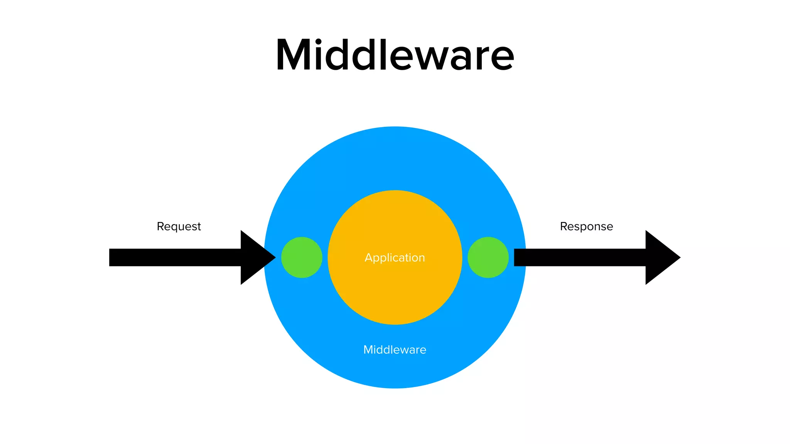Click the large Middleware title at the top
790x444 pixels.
tap(395, 55)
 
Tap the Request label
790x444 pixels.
tap(179, 226)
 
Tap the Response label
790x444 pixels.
tap(586, 226)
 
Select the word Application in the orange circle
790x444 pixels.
tap(395, 257)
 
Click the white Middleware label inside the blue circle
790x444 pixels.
tap(395, 350)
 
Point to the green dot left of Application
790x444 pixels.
tap(302, 257)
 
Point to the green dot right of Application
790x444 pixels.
tap(488, 257)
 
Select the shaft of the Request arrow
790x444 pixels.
tap(174, 257)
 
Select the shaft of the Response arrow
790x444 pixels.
tap(579, 257)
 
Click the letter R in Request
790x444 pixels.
tap(160, 226)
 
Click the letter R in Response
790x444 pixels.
tap(564, 226)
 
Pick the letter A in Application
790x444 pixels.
tap(369, 257)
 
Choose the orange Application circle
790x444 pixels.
tap(395, 293)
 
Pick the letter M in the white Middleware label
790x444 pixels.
tap(368, 350)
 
